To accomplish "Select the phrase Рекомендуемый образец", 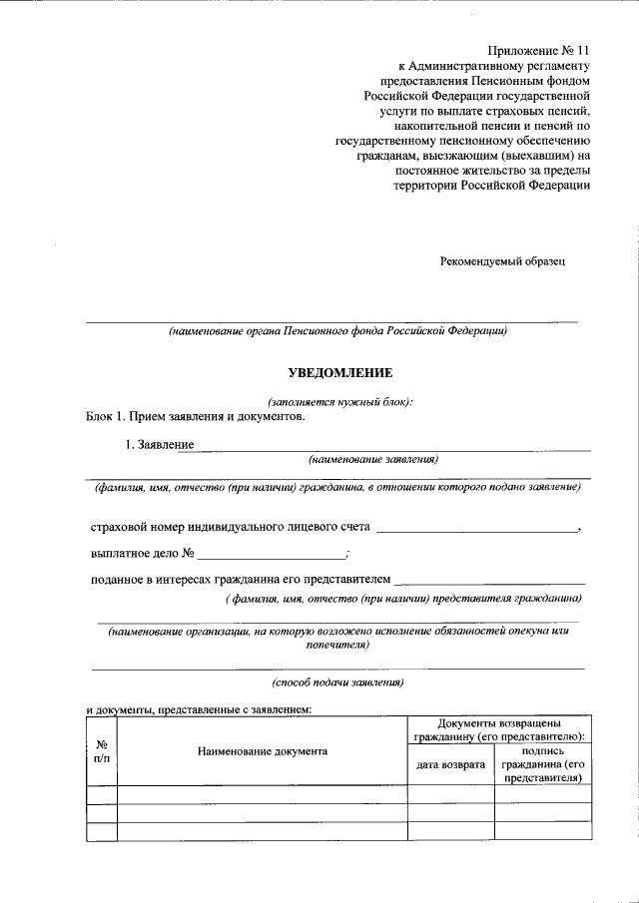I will click(503, 260).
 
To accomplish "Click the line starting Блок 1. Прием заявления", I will click(195, 416).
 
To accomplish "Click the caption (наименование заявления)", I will click(373, 460).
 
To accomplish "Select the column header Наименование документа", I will click(263, 750).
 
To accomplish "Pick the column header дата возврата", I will click(451, 764).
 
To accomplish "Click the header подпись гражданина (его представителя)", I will click(542, 764).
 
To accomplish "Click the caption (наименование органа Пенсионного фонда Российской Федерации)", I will click(337, 331).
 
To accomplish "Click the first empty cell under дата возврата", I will click(451, 794).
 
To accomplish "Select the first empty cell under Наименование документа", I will click(263, 794).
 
